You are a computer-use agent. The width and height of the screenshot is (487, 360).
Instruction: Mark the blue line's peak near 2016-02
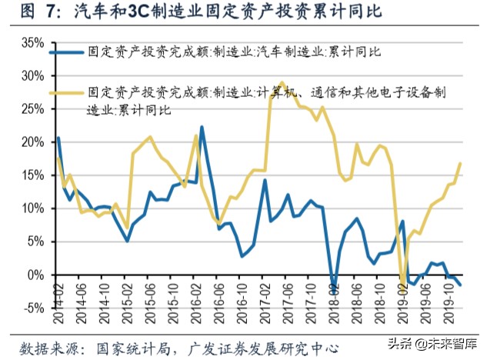point(202,127)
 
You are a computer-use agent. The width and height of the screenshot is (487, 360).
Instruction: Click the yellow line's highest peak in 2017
point(282,82)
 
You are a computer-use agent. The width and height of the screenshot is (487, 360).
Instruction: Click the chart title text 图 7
point(31,12)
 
